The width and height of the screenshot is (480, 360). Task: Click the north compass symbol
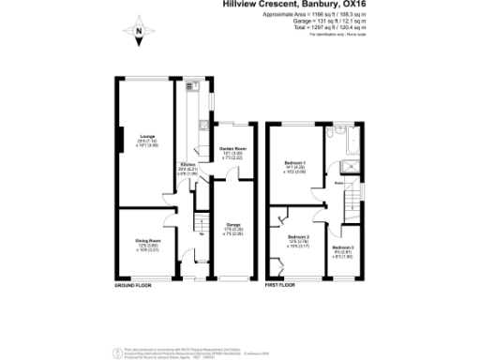click(140, 35)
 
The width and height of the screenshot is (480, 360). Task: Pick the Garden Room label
click(232, 149)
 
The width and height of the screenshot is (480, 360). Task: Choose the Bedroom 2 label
click(297, 238)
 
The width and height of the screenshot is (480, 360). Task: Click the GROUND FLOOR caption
click(132, 284)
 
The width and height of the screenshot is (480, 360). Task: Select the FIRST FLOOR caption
click(279, 284)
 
